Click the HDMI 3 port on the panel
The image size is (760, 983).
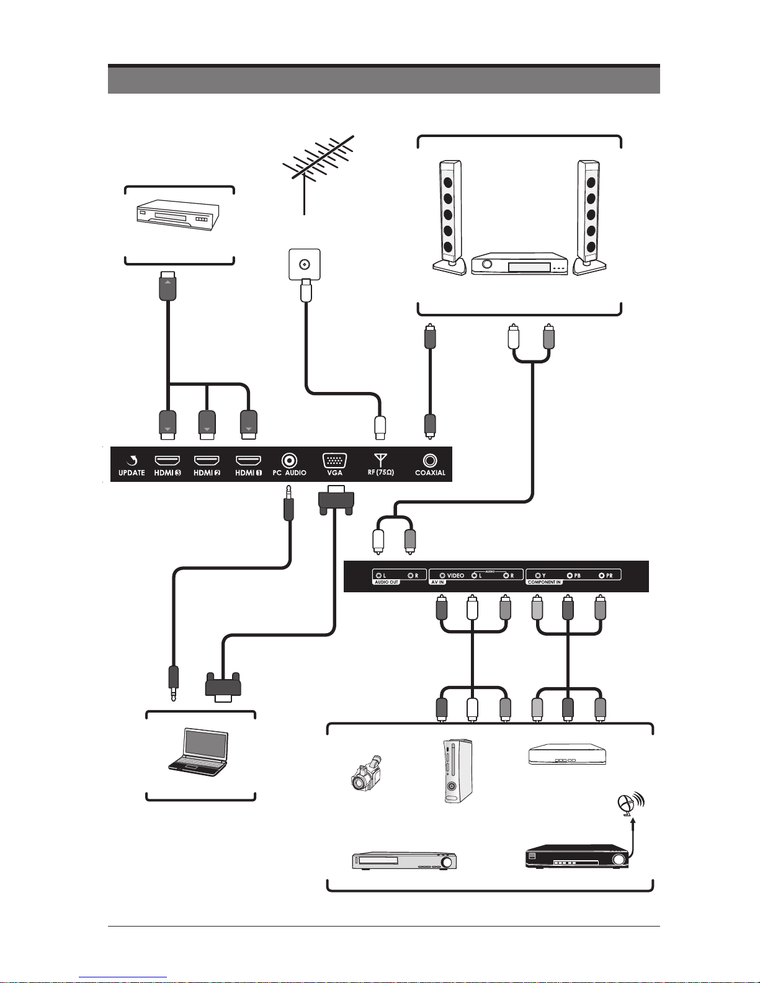(167, 461)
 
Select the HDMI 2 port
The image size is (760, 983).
(207, 461)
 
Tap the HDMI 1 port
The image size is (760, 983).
(248, 461)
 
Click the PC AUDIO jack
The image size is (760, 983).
(289, 461)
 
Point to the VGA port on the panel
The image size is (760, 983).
(334, 461)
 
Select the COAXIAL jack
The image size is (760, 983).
(430, 461)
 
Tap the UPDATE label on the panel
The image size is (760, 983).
(132, 473)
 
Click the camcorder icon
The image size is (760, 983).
(366, 773)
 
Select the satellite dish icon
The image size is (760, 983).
(628, 805)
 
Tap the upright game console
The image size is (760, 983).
(458, 772)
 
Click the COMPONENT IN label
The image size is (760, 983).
(544, 582)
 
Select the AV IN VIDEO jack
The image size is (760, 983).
(442, 576)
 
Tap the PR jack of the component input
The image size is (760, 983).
(601, 576)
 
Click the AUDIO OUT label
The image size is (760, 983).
(387, 582)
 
